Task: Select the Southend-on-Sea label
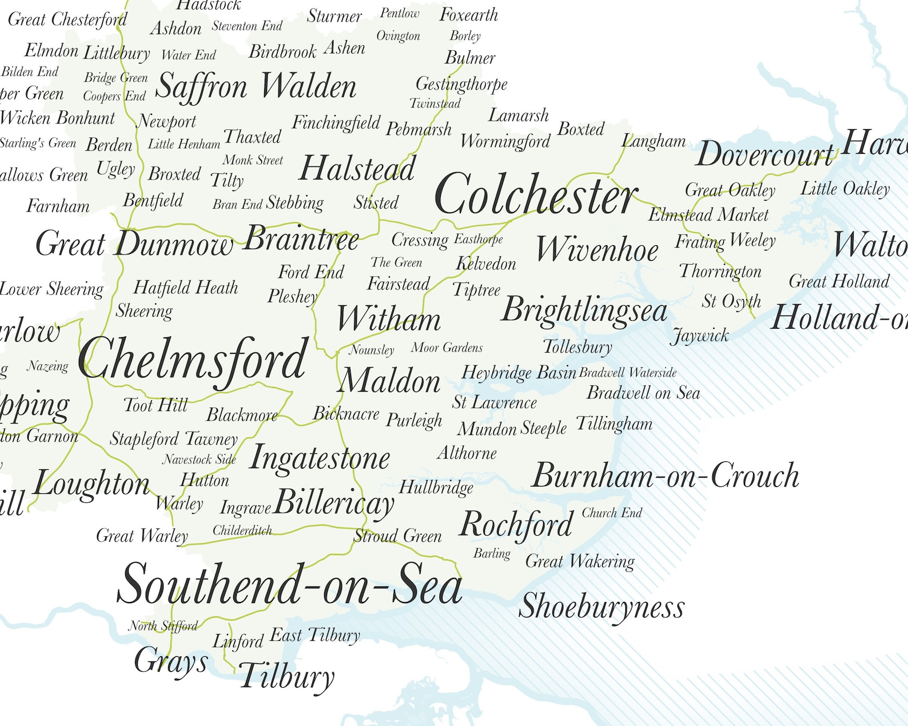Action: click(289, 584)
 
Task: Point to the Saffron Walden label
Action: click(256, 87)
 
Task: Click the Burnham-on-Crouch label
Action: click(665, 476)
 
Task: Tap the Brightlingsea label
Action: click(584, 310)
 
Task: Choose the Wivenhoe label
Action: click(597, 250)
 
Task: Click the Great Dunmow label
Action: click(134, 244)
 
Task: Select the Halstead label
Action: click(357, 169)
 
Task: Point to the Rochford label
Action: click(516, 525)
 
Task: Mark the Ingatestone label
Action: click(320, 458)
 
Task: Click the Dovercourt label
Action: click(765, 154)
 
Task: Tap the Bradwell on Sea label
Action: click(643, 393)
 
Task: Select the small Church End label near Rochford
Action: click(612, 513)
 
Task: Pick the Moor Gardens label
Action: click(447, 348)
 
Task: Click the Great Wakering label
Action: click(580, 561)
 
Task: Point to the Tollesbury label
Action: click(578, 346)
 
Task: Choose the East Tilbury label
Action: click(315, 635)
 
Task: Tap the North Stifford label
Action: click(163, 626)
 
